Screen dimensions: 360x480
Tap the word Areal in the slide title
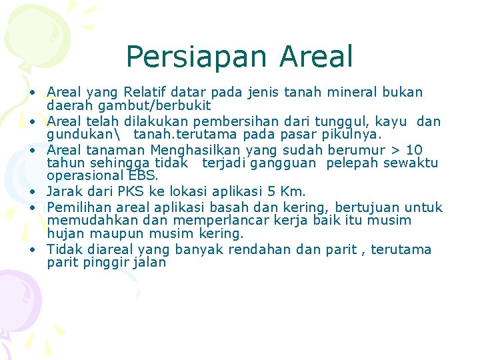(317, 57)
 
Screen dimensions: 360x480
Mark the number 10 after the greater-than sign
(414, 150)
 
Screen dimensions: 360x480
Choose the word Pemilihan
(76, 207)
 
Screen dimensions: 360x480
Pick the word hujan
(64, 234)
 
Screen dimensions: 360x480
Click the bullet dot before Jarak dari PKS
(33, 193)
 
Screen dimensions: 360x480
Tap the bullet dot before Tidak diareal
(33, 251)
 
